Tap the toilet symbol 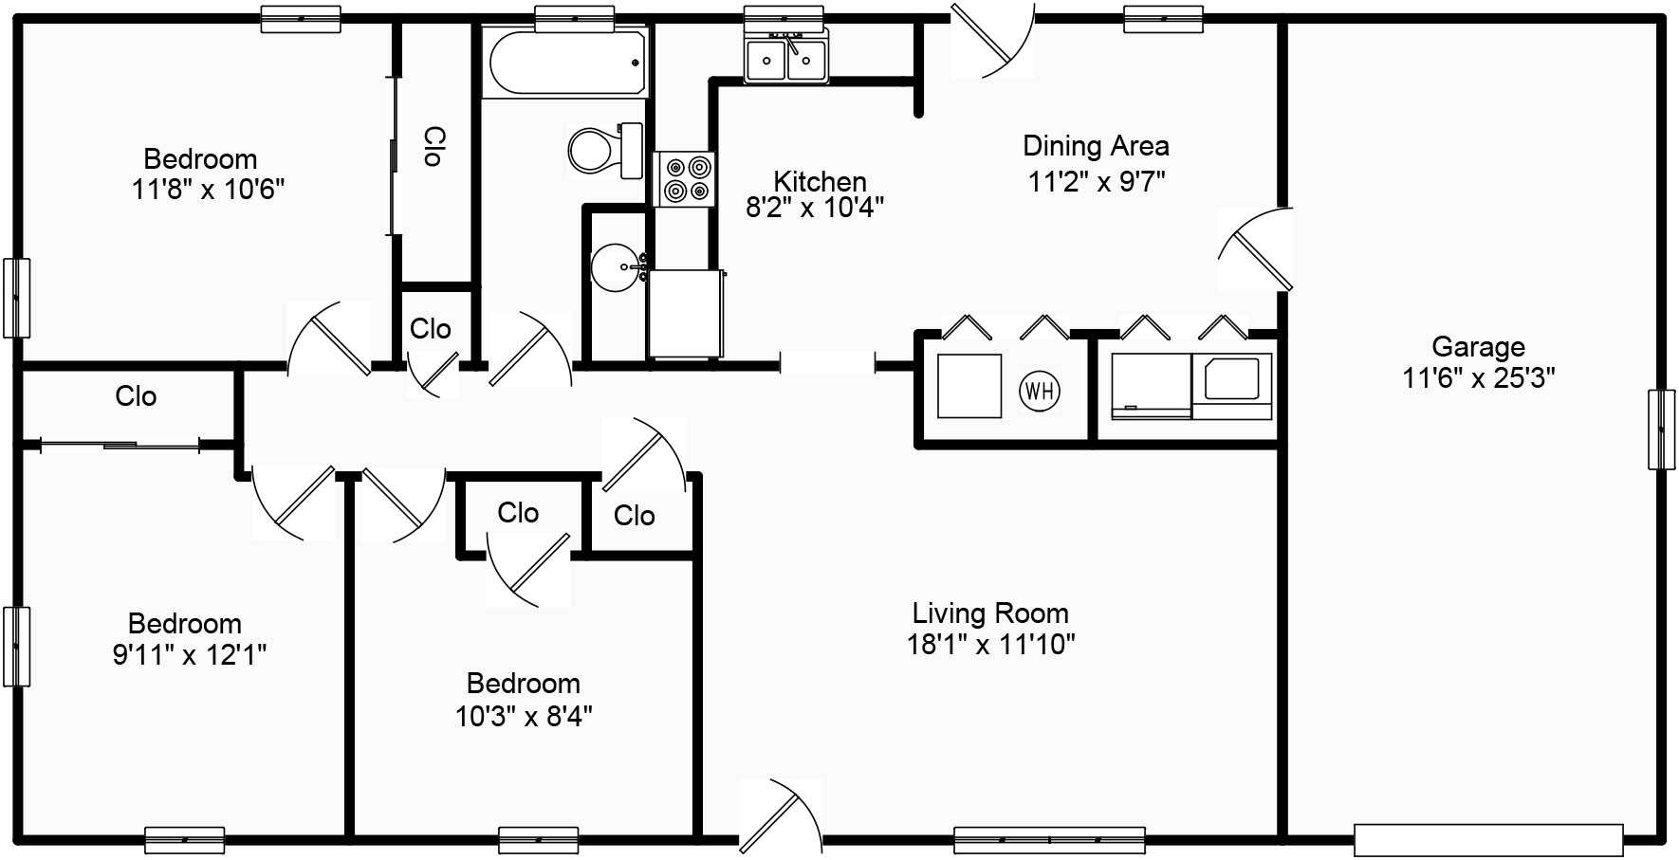coord(605,151)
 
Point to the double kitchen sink coord(785,60)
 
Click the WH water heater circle coord(1039,391)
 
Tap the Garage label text coord(1478,347)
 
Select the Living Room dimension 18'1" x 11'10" coord(990,645)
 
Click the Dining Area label coord(1096,146)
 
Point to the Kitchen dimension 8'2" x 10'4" coord(815,208)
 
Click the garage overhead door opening coord(1488,840)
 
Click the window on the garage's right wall coord(1660,430)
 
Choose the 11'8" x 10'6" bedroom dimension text coord(208,190)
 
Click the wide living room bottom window coord(1049,840)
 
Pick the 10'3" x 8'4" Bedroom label coord(523,684)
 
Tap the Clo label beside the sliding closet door coord(136,396)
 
